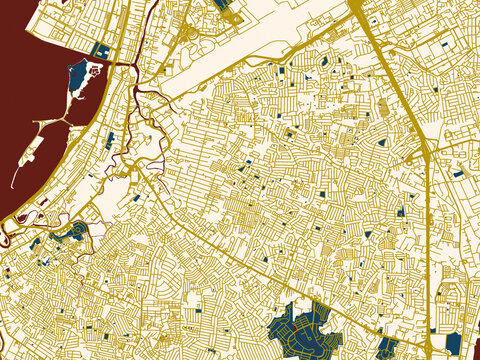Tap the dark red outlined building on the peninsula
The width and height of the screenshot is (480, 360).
(x=96, y=72)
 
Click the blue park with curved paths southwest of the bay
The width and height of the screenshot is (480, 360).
(x=70, y=236)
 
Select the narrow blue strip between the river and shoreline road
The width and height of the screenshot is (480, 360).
(x=109, y=140)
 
